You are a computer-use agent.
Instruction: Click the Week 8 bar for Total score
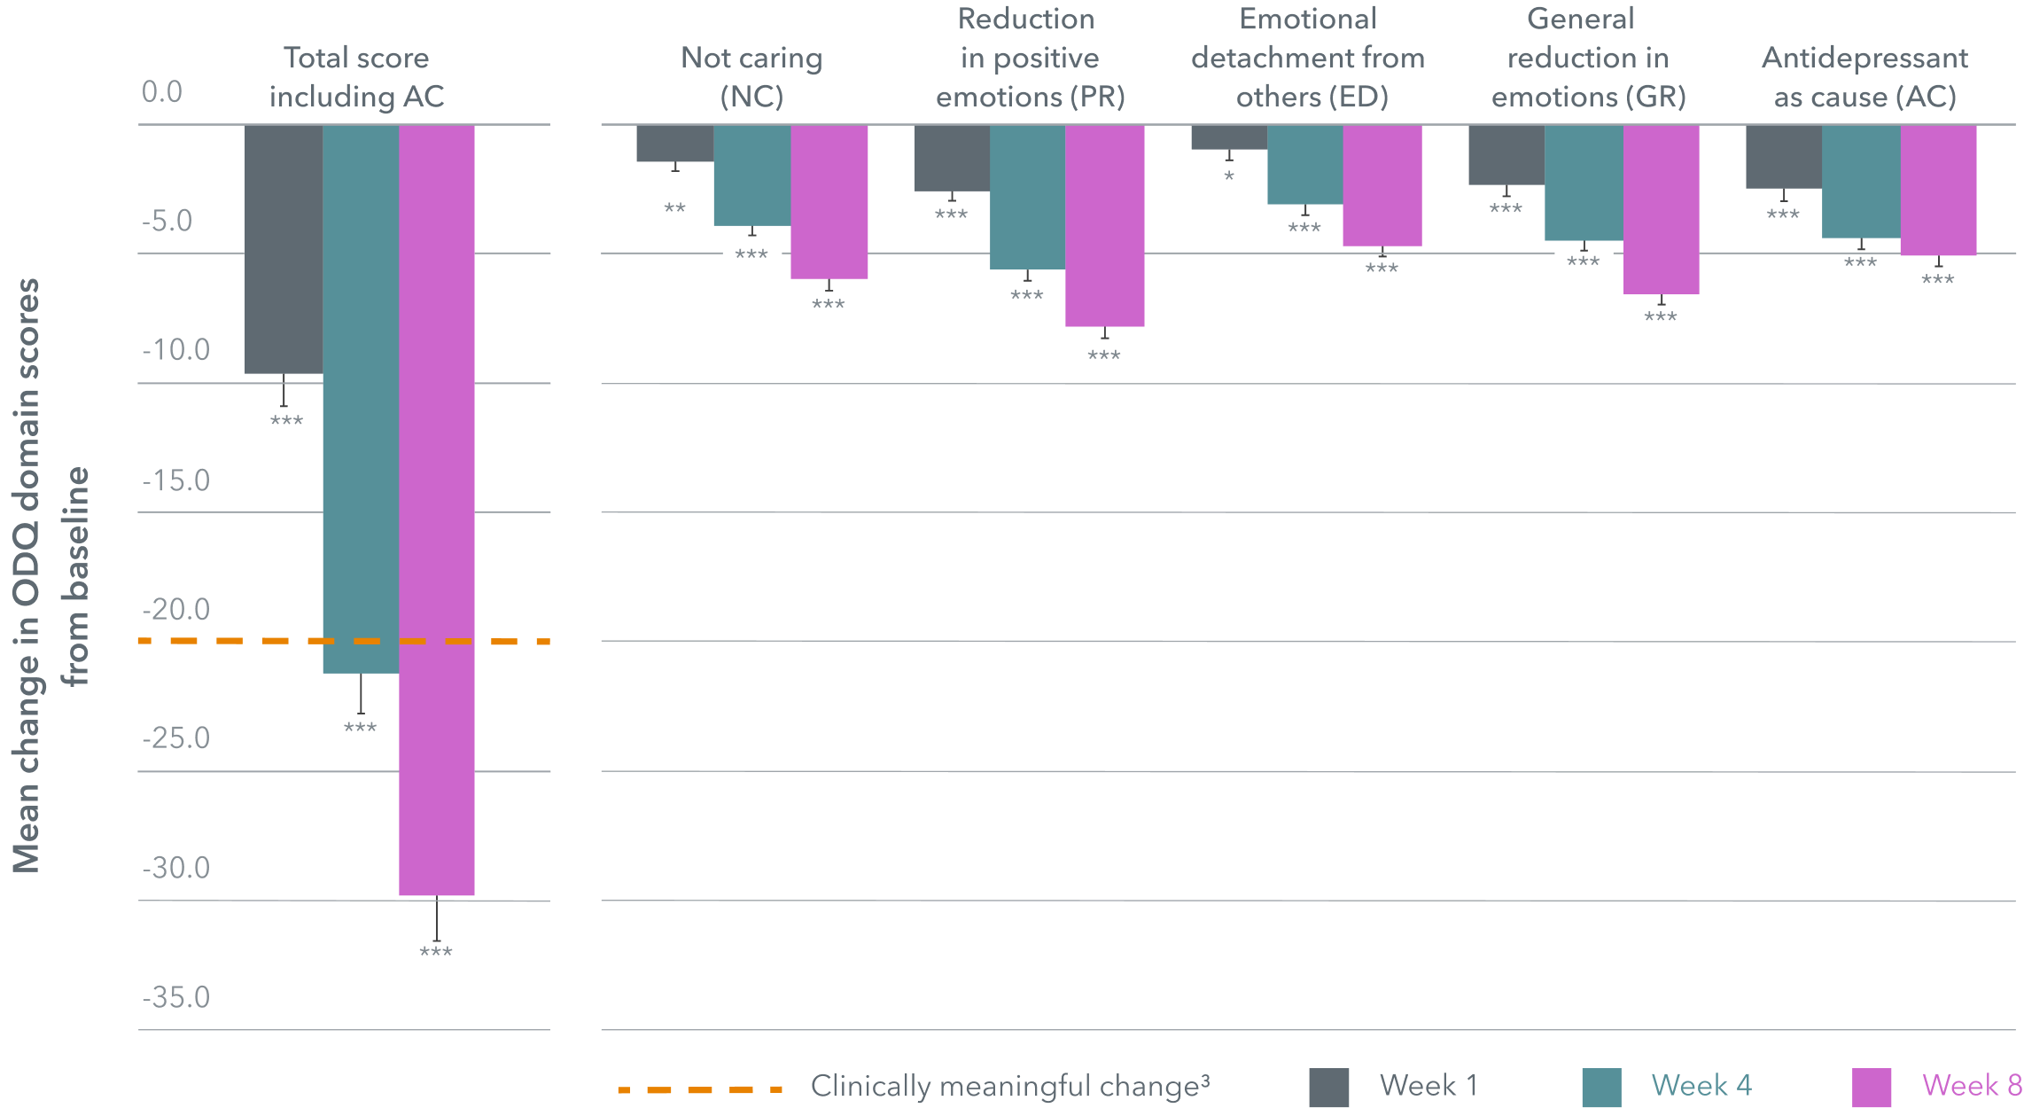pos(437,510)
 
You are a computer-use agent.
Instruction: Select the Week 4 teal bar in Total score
pos(361,399)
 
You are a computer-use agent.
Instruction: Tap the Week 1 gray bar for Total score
pos(284,249)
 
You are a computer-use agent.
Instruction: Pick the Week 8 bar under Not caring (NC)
pos(829,202)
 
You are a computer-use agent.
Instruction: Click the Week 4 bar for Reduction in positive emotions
pos(1027,197)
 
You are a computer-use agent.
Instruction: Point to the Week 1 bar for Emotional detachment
pos(1229,137)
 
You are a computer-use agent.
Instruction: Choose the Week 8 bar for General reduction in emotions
pos(1661,209)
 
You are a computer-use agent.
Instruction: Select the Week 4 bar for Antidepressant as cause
pos(1861,182)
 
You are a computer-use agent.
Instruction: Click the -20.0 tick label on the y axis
pos(176,610)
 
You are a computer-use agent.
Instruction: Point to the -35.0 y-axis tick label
pos(176,997)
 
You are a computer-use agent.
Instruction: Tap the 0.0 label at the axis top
pos(162,92)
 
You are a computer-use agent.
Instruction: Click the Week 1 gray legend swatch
pos(1329,1087)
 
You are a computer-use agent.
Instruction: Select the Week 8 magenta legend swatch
pos(1872,1087)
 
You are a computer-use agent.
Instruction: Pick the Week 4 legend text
pos(1701,1086)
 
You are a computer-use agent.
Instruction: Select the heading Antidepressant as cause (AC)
pos(1864,77)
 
